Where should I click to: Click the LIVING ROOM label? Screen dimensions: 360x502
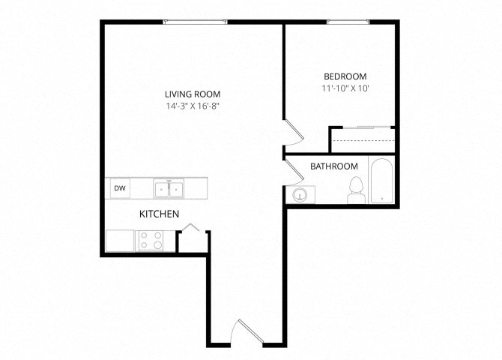193,94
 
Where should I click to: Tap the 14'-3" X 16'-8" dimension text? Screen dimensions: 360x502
193,106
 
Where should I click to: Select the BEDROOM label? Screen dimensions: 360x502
345,76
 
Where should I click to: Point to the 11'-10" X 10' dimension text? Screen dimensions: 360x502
345,88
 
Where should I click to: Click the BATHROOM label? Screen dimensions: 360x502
334,166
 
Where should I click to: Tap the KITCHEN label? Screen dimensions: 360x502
159,214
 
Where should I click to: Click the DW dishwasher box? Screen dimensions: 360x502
119,189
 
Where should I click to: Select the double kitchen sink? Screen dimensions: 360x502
170,189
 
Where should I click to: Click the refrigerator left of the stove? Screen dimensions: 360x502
120,241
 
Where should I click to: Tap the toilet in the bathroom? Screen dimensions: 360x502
356,190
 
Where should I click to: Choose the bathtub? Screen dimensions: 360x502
381,181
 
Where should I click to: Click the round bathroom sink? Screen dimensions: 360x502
300,196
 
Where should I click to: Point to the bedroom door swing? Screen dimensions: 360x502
293,133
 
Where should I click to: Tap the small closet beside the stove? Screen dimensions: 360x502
190,240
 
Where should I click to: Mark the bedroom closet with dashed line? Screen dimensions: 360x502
363,139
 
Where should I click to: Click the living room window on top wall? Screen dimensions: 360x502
195,22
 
